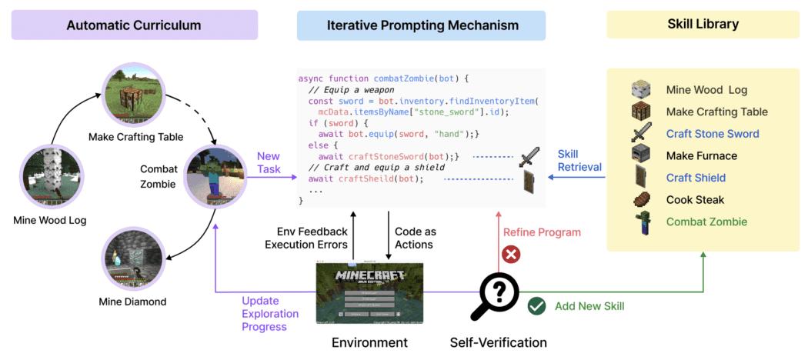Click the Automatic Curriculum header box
(x=134, y=25)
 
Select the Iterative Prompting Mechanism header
(x=421, y=25)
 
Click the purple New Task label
(x=268, y=162)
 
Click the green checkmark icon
(x=536, y=306)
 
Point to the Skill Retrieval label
(x=579, y=161)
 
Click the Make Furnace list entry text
(x=701, y=156)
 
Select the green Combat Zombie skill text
(x=706, y=222)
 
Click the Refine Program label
(x=542, y=232)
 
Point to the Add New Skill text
(x=589, y=306)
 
